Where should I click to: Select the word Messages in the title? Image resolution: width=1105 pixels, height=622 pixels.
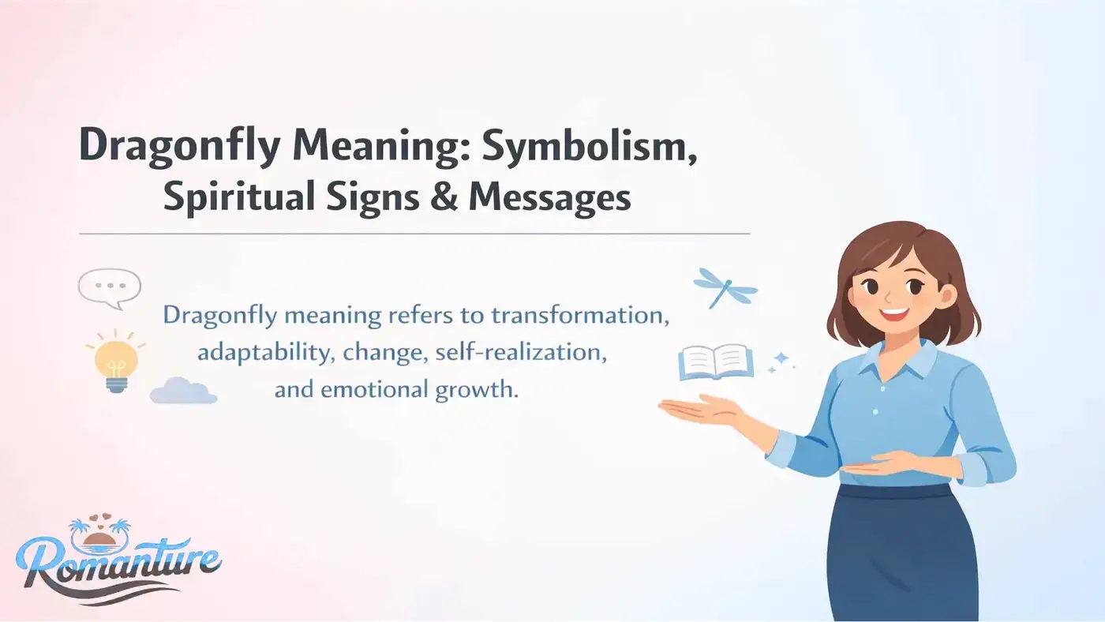549,197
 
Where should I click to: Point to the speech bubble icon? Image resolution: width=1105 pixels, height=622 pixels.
109,287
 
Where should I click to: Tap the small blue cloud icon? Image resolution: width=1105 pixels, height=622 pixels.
183,391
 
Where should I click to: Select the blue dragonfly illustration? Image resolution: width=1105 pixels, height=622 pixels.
724,287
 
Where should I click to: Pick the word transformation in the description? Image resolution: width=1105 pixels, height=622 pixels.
579,316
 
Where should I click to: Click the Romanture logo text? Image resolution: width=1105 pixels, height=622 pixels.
118,562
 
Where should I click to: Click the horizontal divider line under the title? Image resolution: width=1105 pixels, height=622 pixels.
414,234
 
